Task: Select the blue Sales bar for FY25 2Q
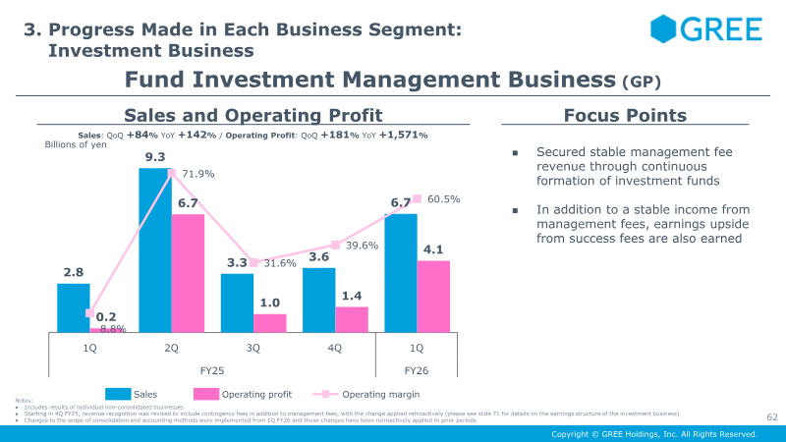pyautogui.click(x=154, y=250)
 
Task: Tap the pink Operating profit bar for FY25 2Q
pyautogui.click(x=188, y=273)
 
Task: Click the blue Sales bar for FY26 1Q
pyautogui.click(x=400, y=273)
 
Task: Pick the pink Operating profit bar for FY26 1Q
pyautogui.click(x=433, y=297)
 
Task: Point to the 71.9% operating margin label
pyautogui.click(x=198, y=174)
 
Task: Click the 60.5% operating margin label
pyautogui.click(x=444, y=198)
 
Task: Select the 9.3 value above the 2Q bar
pyautogui.click(x=154, y=157)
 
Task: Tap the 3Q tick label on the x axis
pyautogui.click(x=253, y=348)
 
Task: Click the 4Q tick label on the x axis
pyautogui.click(x=335, y=348)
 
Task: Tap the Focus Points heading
pyautogui.click(x=625, y=115)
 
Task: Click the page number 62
pyautogui.click(x=771, y=417)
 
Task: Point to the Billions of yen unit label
pyautogui.click(x=76, y=144)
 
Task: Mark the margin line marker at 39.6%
pyautogui.click(x=335, y=245)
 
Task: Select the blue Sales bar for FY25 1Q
pyautogui.click(x=74, y=308)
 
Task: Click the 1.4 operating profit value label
pyautogui.click(x=352, y=295)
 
